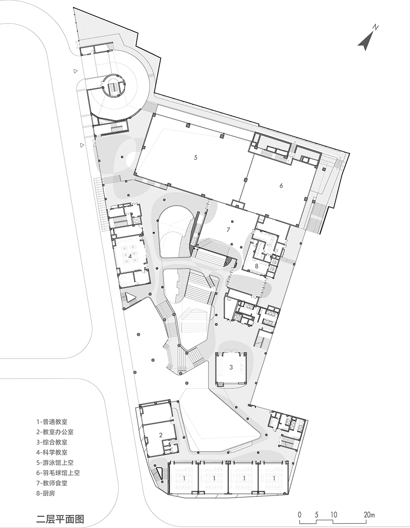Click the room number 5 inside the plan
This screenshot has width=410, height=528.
[x=195, y=158]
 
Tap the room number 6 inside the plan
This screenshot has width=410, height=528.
[x=281, y=185]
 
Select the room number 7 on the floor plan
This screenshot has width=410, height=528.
[x=228, y=230]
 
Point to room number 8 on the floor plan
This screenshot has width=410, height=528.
[x=256, y=265]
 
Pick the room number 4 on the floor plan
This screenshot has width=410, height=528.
[x=130, y=256]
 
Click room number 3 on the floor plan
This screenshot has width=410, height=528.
[x=231, y=367]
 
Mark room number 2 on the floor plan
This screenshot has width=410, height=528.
[x=161, y=435]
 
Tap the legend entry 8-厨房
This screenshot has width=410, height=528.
[x=46, y=493]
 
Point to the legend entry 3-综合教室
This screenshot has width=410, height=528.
[x=52, y=442]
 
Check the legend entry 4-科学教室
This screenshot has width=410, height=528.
[x=52, y=452]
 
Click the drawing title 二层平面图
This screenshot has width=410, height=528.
[x=60, y=519]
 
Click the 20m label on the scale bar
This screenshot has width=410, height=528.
[x=369, y=514]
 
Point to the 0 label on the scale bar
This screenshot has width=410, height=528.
[x=300, y=514]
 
